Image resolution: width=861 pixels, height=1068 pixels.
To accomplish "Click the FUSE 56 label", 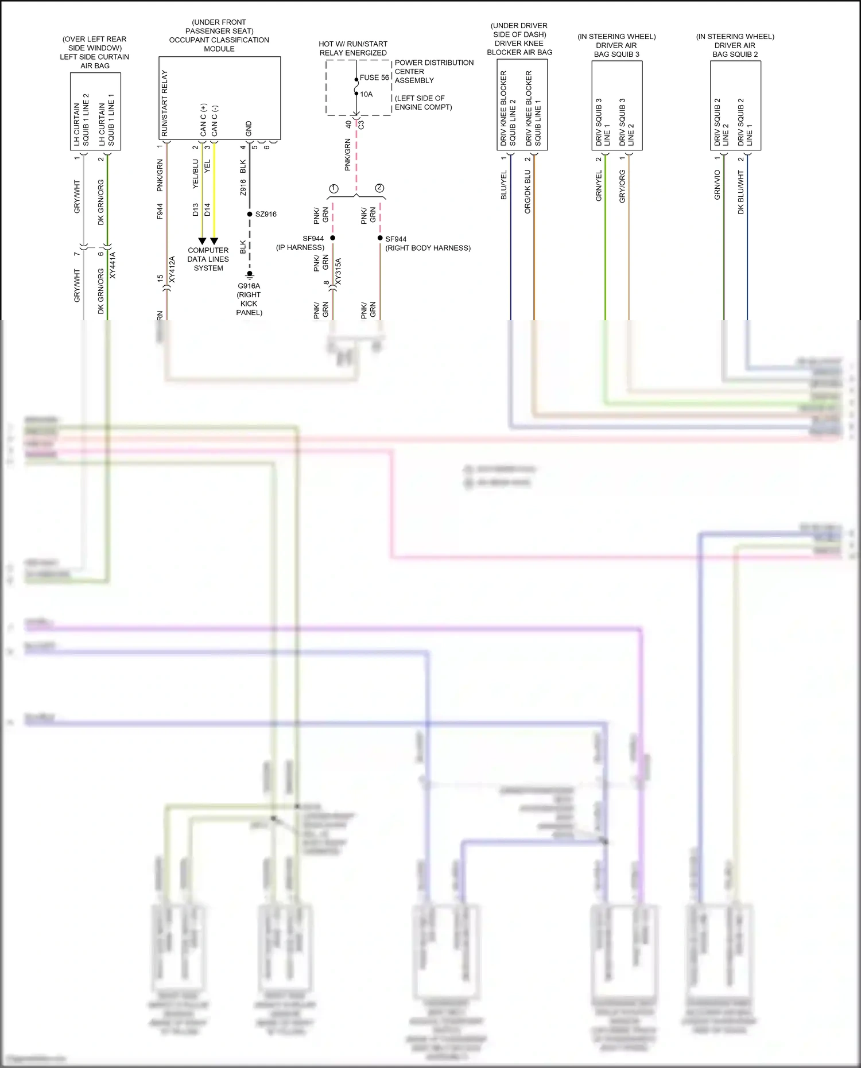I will coord(374,77).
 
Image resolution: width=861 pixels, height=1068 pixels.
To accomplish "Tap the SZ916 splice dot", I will coord(250,214).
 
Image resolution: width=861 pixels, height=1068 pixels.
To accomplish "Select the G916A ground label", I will coord(249,286).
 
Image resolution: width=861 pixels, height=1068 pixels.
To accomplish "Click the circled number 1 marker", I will coord(333,189).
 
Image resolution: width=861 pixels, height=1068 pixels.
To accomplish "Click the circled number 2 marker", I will coord(379,188).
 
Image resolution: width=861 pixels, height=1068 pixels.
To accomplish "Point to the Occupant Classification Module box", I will coord(219,98).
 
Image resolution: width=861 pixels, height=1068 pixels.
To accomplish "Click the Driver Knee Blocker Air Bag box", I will coord(522,105).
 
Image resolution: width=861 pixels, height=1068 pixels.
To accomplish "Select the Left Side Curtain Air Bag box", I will coord(95,111).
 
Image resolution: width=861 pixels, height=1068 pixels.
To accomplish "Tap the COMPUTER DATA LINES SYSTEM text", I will coord(208,259).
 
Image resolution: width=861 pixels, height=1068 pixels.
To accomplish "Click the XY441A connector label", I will coord(113,266).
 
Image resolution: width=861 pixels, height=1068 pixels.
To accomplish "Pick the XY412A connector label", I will coord(172,270).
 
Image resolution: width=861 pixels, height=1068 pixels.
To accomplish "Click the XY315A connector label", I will coord(338,271).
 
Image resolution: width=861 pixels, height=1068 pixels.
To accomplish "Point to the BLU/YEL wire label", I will coord(504,185).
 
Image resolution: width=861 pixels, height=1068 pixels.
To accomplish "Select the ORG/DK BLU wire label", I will coord(528,192).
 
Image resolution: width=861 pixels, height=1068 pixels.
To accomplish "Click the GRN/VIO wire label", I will coord(717,185).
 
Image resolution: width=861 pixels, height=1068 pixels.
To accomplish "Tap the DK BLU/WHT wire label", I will coord(740,192).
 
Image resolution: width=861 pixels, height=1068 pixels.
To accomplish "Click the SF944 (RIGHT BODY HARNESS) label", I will coord(427,243).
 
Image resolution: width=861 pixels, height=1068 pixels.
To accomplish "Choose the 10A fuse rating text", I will coord(366,94).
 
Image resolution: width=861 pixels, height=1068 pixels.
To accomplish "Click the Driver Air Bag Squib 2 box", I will coord(735,106).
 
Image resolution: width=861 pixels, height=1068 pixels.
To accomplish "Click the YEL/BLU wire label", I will coord(195,174).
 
